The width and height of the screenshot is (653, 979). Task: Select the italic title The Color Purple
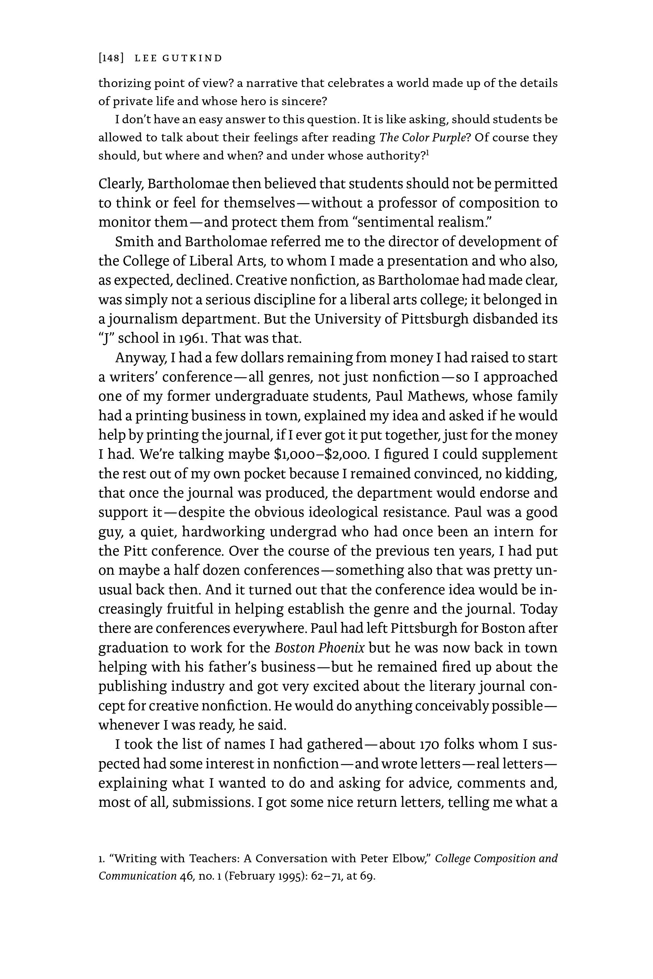click(x=422, y=137)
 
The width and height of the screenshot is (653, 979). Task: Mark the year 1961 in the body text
click(x=192, y=338)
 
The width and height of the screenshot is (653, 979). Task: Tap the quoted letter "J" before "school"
click(x=106, y=338)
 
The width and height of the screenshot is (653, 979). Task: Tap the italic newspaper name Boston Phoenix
click(x=319, y=648)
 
